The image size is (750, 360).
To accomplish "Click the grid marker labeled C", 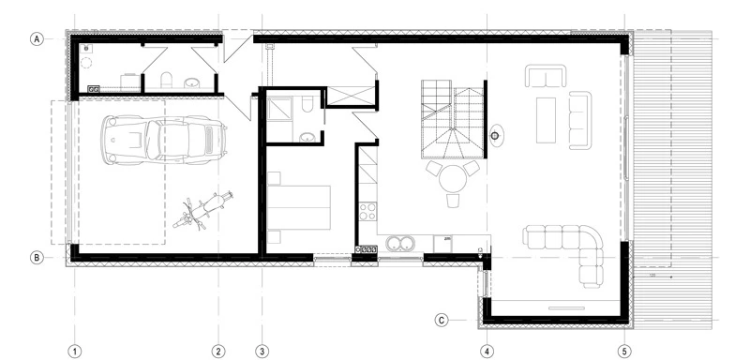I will point(442,320).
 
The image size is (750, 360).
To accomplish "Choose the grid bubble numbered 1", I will point(73,351).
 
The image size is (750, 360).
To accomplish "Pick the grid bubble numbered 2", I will point(217,351).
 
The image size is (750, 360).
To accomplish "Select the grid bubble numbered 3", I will point(262,351).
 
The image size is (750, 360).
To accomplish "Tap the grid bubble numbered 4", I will point(487,351).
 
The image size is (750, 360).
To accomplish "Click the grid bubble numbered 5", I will point(624,351).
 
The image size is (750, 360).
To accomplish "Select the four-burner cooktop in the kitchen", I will point(367,249).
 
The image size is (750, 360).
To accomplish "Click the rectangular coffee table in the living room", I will point(547,118).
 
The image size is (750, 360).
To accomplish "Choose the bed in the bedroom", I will point(299,206).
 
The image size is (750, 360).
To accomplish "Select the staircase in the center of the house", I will point(449,118).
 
